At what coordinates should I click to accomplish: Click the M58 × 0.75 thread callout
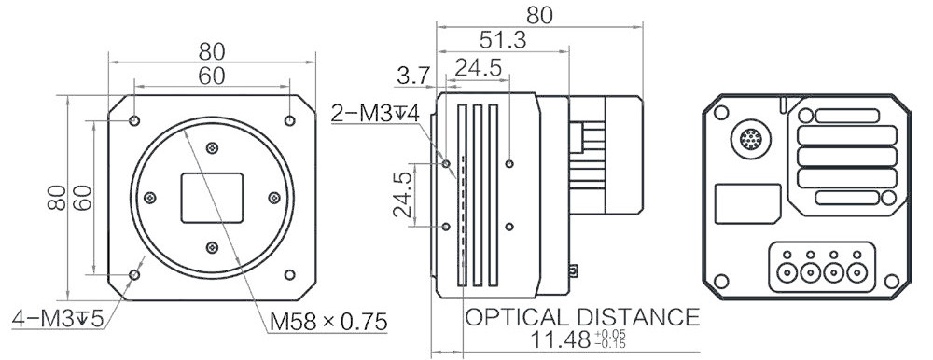(x=328, y=322)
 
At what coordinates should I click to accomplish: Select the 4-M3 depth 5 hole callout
(x=58, y=319)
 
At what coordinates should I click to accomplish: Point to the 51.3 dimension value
(x=503, y=40)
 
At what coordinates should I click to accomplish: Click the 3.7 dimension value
(x=413, y=76)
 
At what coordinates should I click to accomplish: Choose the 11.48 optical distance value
(x=559, y=339)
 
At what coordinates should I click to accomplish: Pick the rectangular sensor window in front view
(x=212, y=198)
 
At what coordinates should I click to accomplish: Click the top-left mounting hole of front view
(x=134, y=121)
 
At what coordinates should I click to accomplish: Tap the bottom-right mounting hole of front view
(x=290, y=274)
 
